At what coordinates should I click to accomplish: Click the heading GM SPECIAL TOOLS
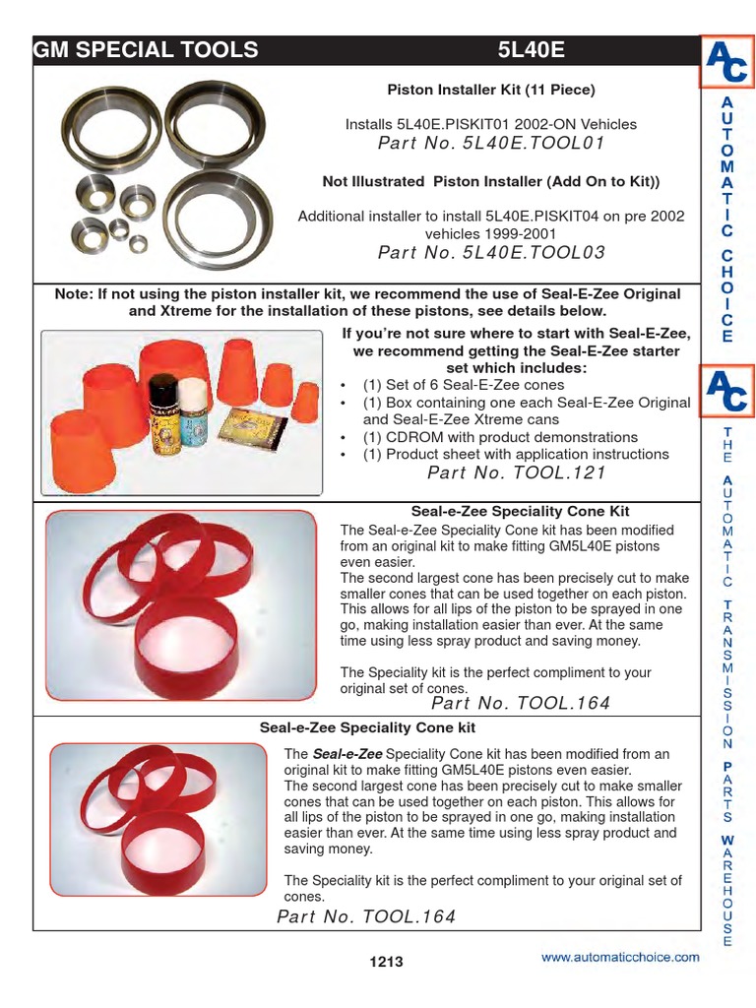(x=147, y=50)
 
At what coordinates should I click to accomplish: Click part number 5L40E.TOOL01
(x=490, y=144)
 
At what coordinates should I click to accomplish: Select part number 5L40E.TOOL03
(x=490, y=253)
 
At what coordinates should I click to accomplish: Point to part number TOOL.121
(x=517, y=472)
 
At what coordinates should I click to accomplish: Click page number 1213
(x=386, y=962)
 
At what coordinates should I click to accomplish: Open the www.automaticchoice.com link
(x=620, y=957)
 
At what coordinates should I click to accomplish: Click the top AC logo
(x=726, y=61)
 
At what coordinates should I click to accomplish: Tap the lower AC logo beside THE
(x=726, y=390)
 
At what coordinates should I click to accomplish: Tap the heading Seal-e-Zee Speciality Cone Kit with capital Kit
(x=519, y=511)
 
